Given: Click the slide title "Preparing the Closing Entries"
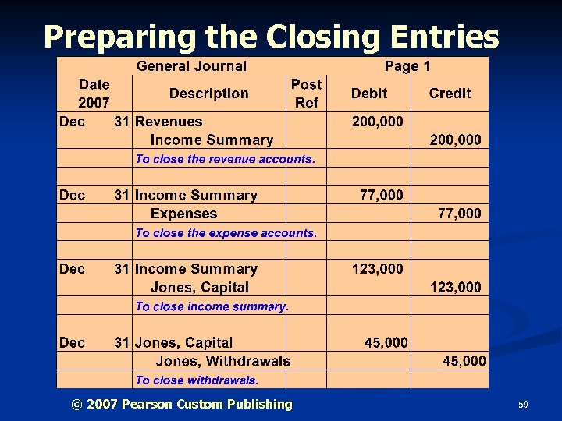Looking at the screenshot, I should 271,36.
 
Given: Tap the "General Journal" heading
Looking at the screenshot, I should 191,67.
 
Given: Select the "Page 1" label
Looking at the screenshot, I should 407,67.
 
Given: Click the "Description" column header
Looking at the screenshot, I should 208,94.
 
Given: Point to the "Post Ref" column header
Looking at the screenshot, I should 306,94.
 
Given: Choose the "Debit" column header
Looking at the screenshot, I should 368,94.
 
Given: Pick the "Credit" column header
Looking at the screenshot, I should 450,94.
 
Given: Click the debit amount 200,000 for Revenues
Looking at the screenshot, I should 378,122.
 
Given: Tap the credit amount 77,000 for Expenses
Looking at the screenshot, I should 459,214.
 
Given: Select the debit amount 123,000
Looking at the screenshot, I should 378,269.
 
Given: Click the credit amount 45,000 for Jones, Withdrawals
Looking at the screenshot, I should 464,361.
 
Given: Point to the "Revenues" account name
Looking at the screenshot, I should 169,122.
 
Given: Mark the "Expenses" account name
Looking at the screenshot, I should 183,214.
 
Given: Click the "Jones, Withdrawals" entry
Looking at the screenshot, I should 222,361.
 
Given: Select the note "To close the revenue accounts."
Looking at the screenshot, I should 225,159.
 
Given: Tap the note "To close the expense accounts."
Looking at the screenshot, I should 226,233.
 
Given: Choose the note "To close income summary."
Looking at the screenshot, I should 212,306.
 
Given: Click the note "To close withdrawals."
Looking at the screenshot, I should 196,380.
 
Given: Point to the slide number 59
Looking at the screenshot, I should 523,405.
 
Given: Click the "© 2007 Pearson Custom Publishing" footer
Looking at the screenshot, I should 181,404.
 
